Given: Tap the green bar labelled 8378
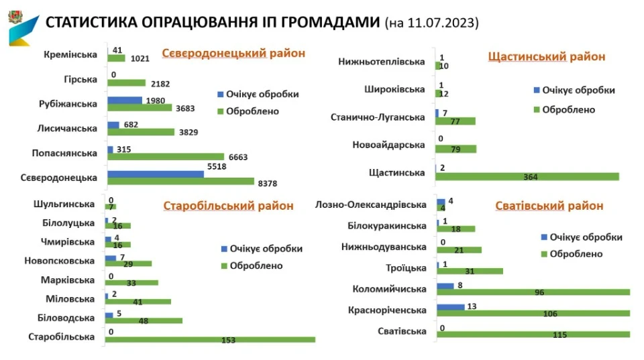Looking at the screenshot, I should click(x=180, y=182).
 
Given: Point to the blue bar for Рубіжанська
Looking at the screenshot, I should click(x=124, y=100).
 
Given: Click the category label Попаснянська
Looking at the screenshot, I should click(x=64, y=153).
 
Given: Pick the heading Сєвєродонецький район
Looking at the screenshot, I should click(x=233, y=53).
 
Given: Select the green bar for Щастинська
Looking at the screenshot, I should click(x=527, y=177).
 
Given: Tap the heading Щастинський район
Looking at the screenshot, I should click(x=547, y=56).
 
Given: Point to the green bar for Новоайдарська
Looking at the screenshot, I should click(x=455, y=149).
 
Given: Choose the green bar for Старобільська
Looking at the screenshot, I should click(x=210, y=339).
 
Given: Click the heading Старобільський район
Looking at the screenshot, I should click(x=228, y=206).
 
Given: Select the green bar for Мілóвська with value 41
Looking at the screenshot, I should click(x=138, y=302).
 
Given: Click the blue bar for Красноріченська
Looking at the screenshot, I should click(x=450, y=306).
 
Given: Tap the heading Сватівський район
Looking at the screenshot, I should click(x=549, y=206).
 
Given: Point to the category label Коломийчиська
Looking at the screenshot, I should click(x=390, y=290).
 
